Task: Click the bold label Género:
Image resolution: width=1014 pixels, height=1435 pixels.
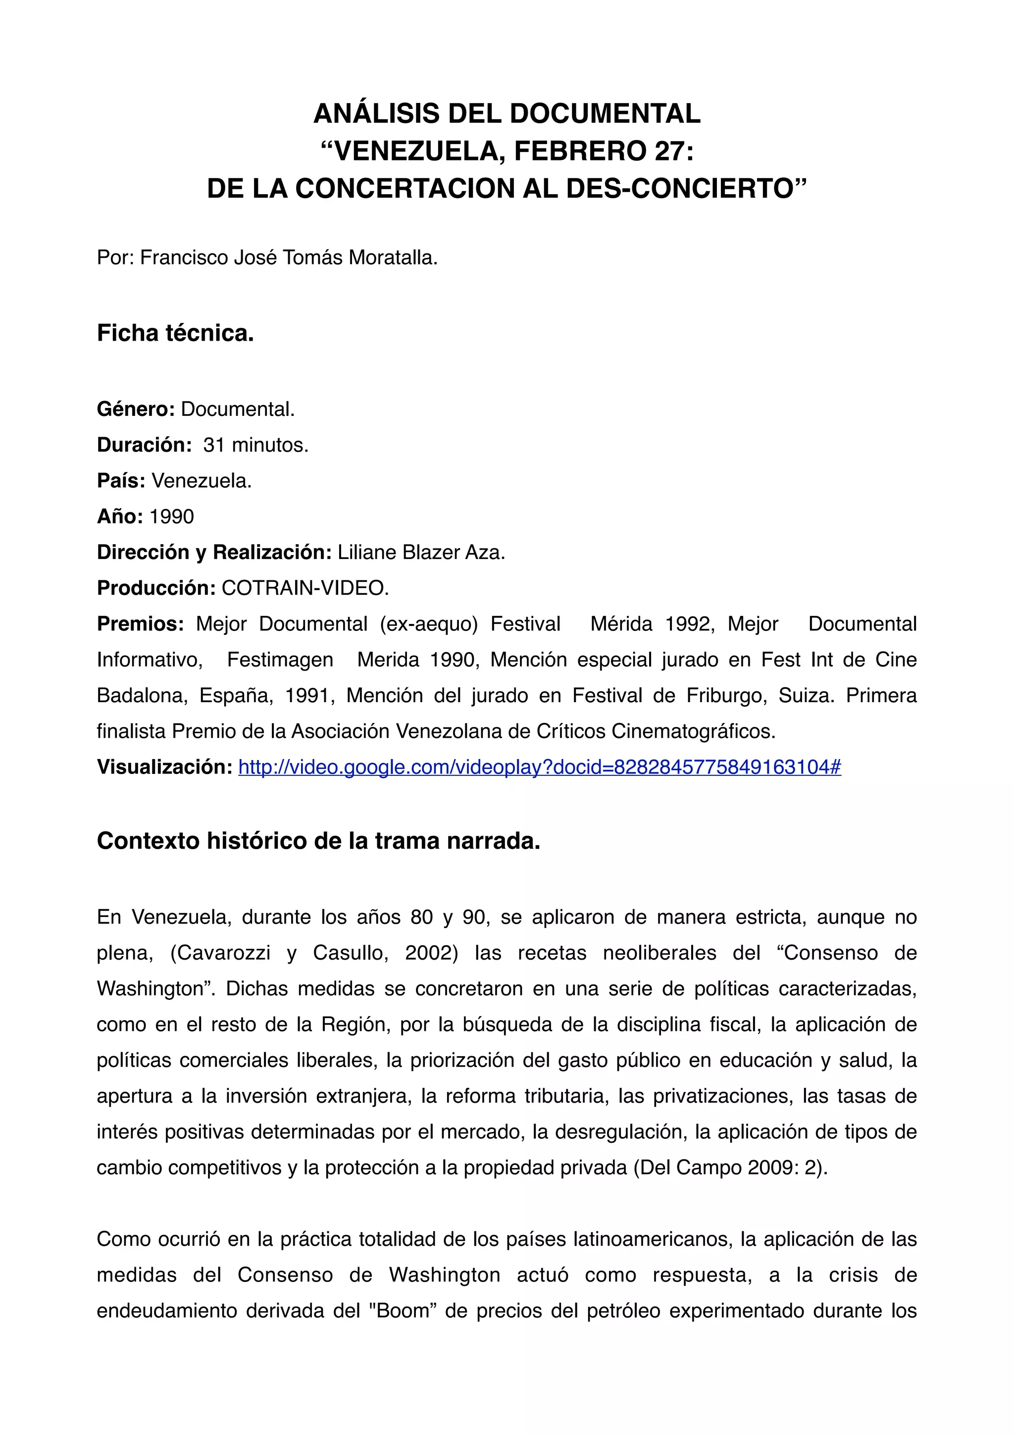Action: [x=136, y=410]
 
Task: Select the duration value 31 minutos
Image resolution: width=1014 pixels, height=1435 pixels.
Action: [x=255, y=445]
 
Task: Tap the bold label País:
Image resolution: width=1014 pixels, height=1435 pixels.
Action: [x=121, y=481]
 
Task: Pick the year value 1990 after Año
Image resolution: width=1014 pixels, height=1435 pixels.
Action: [x=172, y=516]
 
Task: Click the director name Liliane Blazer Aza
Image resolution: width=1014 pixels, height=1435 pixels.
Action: [x=421, y=553]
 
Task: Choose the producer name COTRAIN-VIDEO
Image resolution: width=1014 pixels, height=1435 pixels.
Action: [x=305, y=588]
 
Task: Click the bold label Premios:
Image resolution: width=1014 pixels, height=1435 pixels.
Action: [x=140, y=624]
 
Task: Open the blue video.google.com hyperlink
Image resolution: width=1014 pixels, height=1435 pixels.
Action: [x=539, y=767]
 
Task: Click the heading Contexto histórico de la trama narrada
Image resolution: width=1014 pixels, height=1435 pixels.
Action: [x=319, y=841]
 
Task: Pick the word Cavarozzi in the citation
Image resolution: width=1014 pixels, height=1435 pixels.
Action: [x=220, y=953]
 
